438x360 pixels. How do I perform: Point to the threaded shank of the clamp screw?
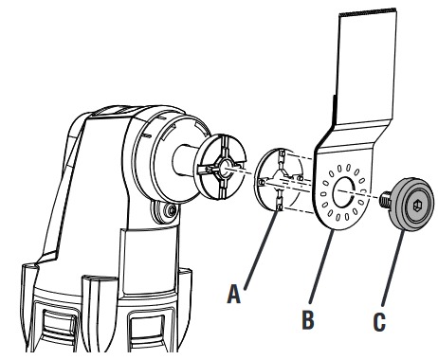coord(387,201)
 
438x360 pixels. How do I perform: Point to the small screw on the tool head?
coord(171,209)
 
